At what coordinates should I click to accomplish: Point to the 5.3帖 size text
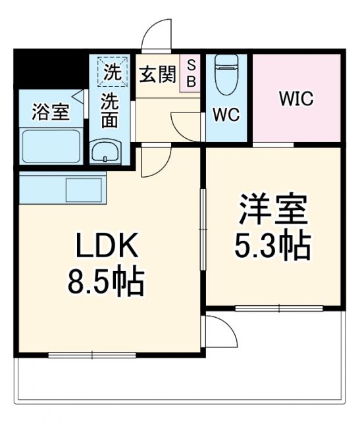272,247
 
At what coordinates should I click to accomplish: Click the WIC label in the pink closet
296,101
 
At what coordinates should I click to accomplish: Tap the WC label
226,113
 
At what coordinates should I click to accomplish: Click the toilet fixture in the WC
226,72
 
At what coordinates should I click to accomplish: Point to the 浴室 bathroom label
51,112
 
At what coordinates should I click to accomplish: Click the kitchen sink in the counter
83,190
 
